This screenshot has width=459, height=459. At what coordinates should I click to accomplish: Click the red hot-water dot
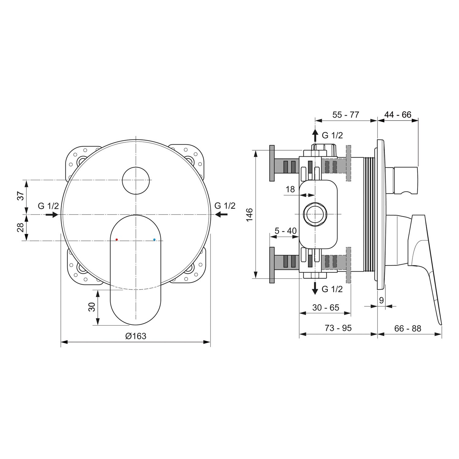tap(117, 240)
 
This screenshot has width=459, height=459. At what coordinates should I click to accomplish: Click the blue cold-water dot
tap(154, 240)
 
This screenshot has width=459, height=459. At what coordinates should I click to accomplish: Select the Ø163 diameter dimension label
tap(136, 336)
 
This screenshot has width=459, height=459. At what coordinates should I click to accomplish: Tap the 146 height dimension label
tap(249, 215)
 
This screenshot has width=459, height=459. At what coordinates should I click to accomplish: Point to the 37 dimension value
tap(20, 196)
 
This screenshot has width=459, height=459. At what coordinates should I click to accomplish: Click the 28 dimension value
tap(20, 228)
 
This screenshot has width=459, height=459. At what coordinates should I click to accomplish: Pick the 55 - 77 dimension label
tap(345, 115)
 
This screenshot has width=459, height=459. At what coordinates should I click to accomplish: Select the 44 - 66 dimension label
tap(398, 115)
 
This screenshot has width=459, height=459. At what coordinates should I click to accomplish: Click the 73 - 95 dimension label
tap(338, 328)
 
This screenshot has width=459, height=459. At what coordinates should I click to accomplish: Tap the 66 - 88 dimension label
tap(408, 328)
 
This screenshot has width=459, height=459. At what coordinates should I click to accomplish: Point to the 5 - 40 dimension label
tap(285, 231)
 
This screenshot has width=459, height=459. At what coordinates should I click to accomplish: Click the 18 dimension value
tap(290, 189)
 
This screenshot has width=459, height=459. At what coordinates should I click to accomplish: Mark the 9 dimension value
tap(381, 300)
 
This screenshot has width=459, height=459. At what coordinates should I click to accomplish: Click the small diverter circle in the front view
tap(136, 181)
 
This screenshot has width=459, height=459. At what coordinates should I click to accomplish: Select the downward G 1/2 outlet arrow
tap(315, 288)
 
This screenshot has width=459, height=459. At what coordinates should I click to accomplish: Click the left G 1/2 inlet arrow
tap(51, 215)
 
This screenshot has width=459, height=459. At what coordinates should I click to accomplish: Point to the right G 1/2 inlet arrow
tap(221, 215)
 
